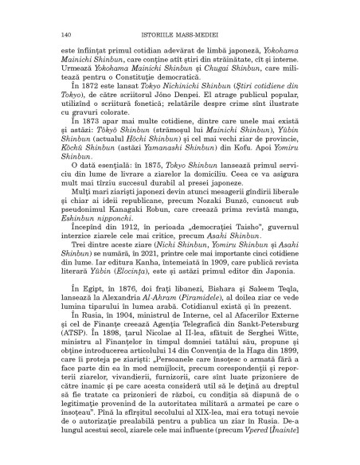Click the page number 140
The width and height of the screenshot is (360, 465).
click(x=67, y=34)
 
